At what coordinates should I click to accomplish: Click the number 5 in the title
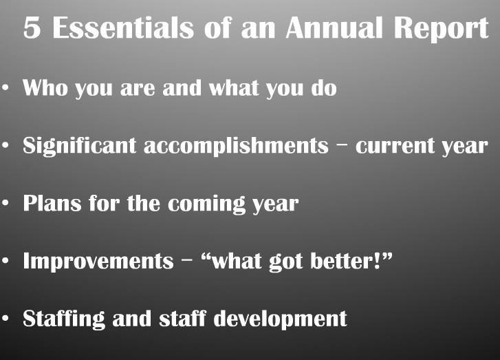pyautogui.click(x=32, y=28)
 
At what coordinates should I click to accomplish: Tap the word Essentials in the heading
pyautogui.click(x=123, y=28)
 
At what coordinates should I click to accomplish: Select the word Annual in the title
pyautogui.click(x=334, y=28)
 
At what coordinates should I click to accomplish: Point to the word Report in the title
pyautogui.click(x=441, y=29)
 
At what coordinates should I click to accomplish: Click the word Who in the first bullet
pyautogui.click(x=45, y=87)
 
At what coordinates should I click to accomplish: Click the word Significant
pyautogui.click(x=79, y=146)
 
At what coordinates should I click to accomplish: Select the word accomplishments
pyautogui.click(x=236, y=146)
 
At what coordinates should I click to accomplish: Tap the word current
pyautogui.click(x=395, y=147)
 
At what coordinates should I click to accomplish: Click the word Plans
pyautogui.click(x=52, y=203)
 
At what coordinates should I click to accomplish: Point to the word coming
pyautogui.click(x=206, y=204)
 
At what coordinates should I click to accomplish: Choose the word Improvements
pyautogui.click(x=98, y=262)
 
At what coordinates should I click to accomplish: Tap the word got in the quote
pyautogui.click(x=285, y=262)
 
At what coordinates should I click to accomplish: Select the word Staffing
pyautogui.click(x=64, y=319)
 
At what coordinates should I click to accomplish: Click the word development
pyautogui.click(x=280, y=319)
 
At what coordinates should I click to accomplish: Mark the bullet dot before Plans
pyautogui.click(x=5, y=203)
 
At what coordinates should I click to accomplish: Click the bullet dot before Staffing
pyautogui.click(x=5, y=318)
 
